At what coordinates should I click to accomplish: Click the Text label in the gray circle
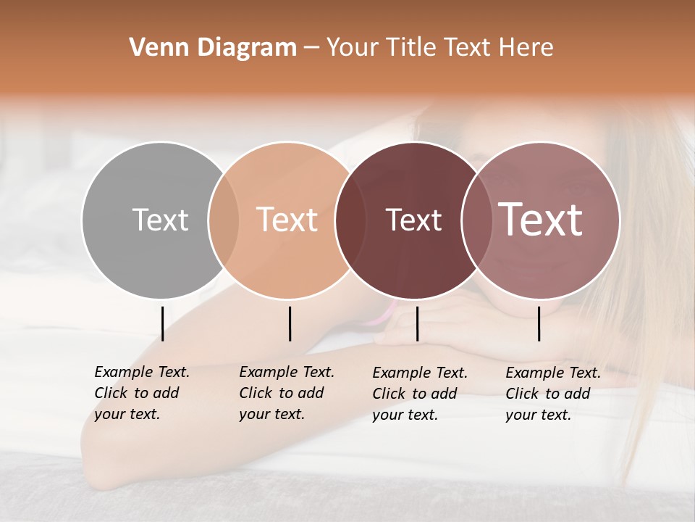160,220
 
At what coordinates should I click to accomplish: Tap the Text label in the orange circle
287,220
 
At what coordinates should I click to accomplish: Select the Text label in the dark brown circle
413,220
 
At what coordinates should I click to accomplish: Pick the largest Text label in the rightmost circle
541,220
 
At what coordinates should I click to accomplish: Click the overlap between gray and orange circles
224,220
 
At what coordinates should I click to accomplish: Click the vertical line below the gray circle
162,323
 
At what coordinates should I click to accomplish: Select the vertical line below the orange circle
290,323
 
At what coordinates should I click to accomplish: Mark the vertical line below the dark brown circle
417,323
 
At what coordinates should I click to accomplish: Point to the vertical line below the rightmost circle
539,323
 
